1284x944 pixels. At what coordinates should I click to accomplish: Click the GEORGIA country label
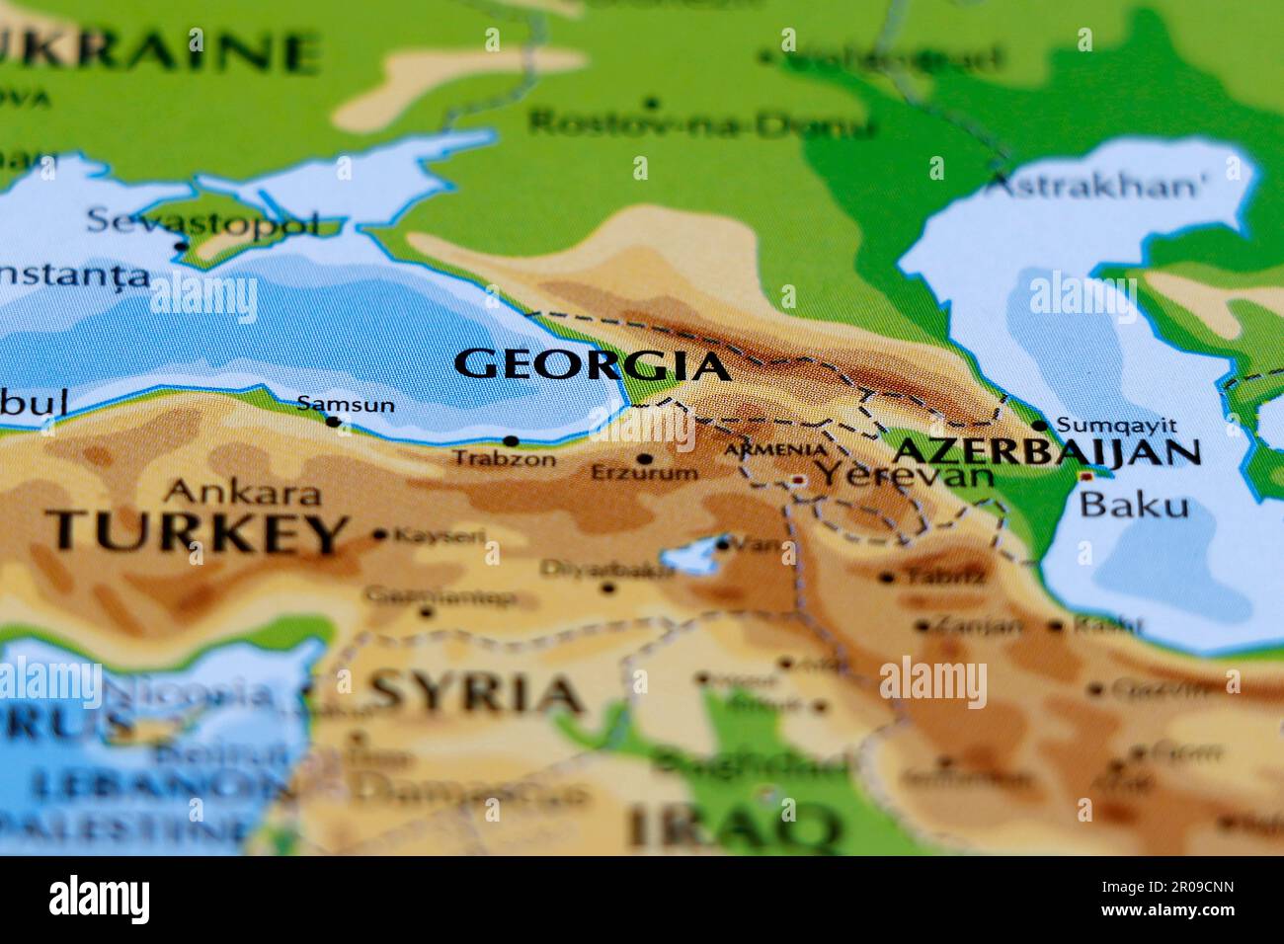coord(592,365)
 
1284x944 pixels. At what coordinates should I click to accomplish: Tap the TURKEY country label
coord(197,532)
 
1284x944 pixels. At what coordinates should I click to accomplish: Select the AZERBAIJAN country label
coord(1046,452)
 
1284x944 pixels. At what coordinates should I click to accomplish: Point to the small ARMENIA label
coord(775,450)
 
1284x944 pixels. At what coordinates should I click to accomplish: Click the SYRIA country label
coord(476,692)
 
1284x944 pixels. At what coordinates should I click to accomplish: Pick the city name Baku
coord(1133,506)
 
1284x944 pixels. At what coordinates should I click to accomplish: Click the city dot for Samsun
coord(333,422)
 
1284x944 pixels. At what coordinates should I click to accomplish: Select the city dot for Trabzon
coord(511,441)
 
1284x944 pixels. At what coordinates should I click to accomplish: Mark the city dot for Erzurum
coord(645,459)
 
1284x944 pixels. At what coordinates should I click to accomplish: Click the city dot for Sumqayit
coord(1040,426)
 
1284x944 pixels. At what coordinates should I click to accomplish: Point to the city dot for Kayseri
coord(380,535)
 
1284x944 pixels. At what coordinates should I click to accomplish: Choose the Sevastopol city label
coord(202,221)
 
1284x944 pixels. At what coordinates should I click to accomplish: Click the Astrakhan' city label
coord(1096,185)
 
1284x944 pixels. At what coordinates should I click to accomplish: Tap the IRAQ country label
coord(733,826)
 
